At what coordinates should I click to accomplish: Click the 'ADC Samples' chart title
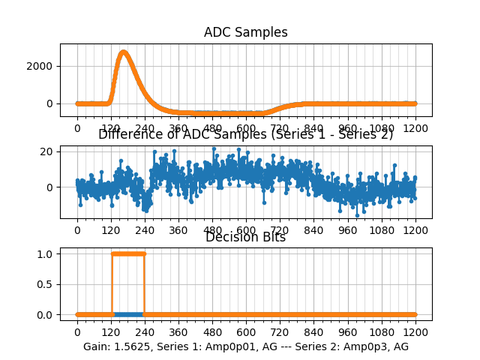pos(245,32)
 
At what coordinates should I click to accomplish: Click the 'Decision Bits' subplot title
pos(245,238)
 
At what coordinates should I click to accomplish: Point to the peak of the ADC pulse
pos(124,52)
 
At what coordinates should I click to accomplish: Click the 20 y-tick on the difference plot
pos(46,151)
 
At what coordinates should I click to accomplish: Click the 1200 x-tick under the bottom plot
pos(416,331)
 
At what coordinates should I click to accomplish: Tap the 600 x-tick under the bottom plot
pos(246,331)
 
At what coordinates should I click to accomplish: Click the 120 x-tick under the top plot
pos(111,128)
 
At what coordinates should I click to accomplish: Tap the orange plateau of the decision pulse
pos(127,253)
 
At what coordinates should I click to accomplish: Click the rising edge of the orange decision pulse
pos(111,284)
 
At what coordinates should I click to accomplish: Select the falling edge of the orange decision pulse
pos(144,284)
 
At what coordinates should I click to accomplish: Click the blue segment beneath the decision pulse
pos(127,314)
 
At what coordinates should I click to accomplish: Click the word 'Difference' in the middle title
pos(129,135)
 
